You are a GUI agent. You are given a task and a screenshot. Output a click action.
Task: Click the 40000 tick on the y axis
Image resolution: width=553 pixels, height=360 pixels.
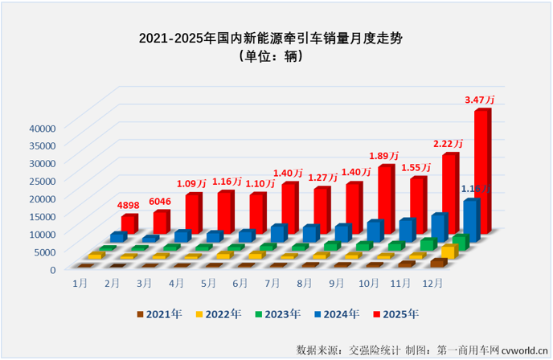39,127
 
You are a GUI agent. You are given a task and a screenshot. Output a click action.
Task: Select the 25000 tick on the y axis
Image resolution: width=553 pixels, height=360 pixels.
39,181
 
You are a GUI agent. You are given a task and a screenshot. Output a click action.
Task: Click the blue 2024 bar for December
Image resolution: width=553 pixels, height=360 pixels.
471,219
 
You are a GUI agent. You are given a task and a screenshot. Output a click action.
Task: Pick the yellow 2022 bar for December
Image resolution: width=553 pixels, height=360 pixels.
449,252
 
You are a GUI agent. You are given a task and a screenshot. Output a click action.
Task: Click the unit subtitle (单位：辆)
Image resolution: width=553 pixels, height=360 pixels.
276,56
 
